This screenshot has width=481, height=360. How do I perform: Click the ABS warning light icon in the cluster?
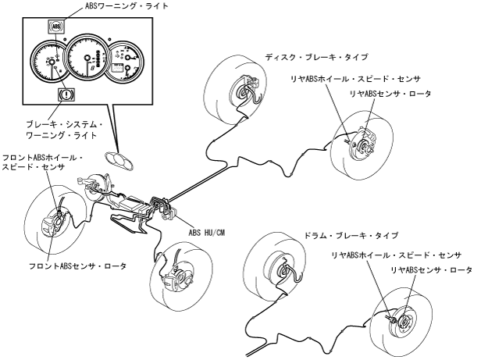[55, 26]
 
